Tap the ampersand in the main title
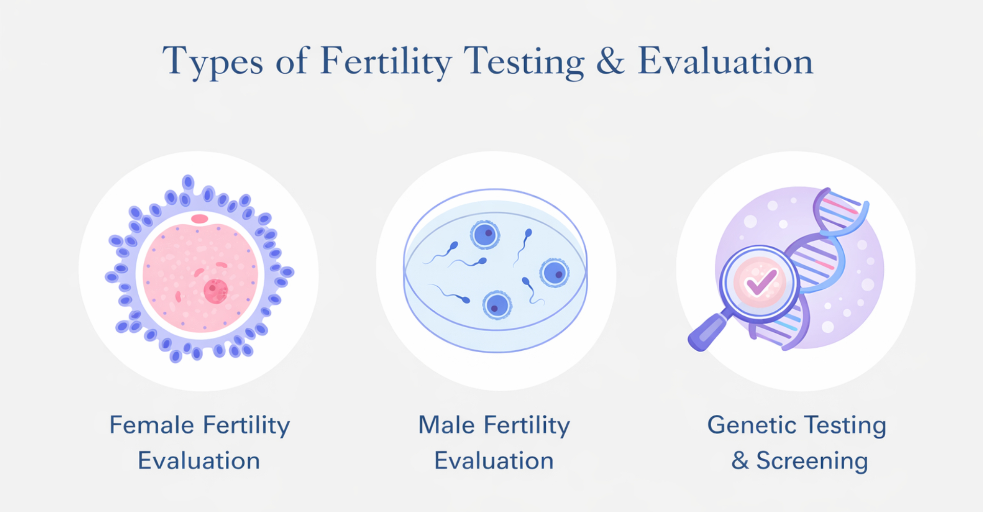611,61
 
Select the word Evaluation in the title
725,61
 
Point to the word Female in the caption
152,425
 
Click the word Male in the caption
446,425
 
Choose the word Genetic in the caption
751,425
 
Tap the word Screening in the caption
812,461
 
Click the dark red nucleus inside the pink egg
216,291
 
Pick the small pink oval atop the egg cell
200,219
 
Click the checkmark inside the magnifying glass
760,282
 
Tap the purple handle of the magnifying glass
708,332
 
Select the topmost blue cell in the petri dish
484,234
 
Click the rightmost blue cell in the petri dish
554,272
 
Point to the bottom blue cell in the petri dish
497,305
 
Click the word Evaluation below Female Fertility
199,461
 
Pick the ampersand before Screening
740,460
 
